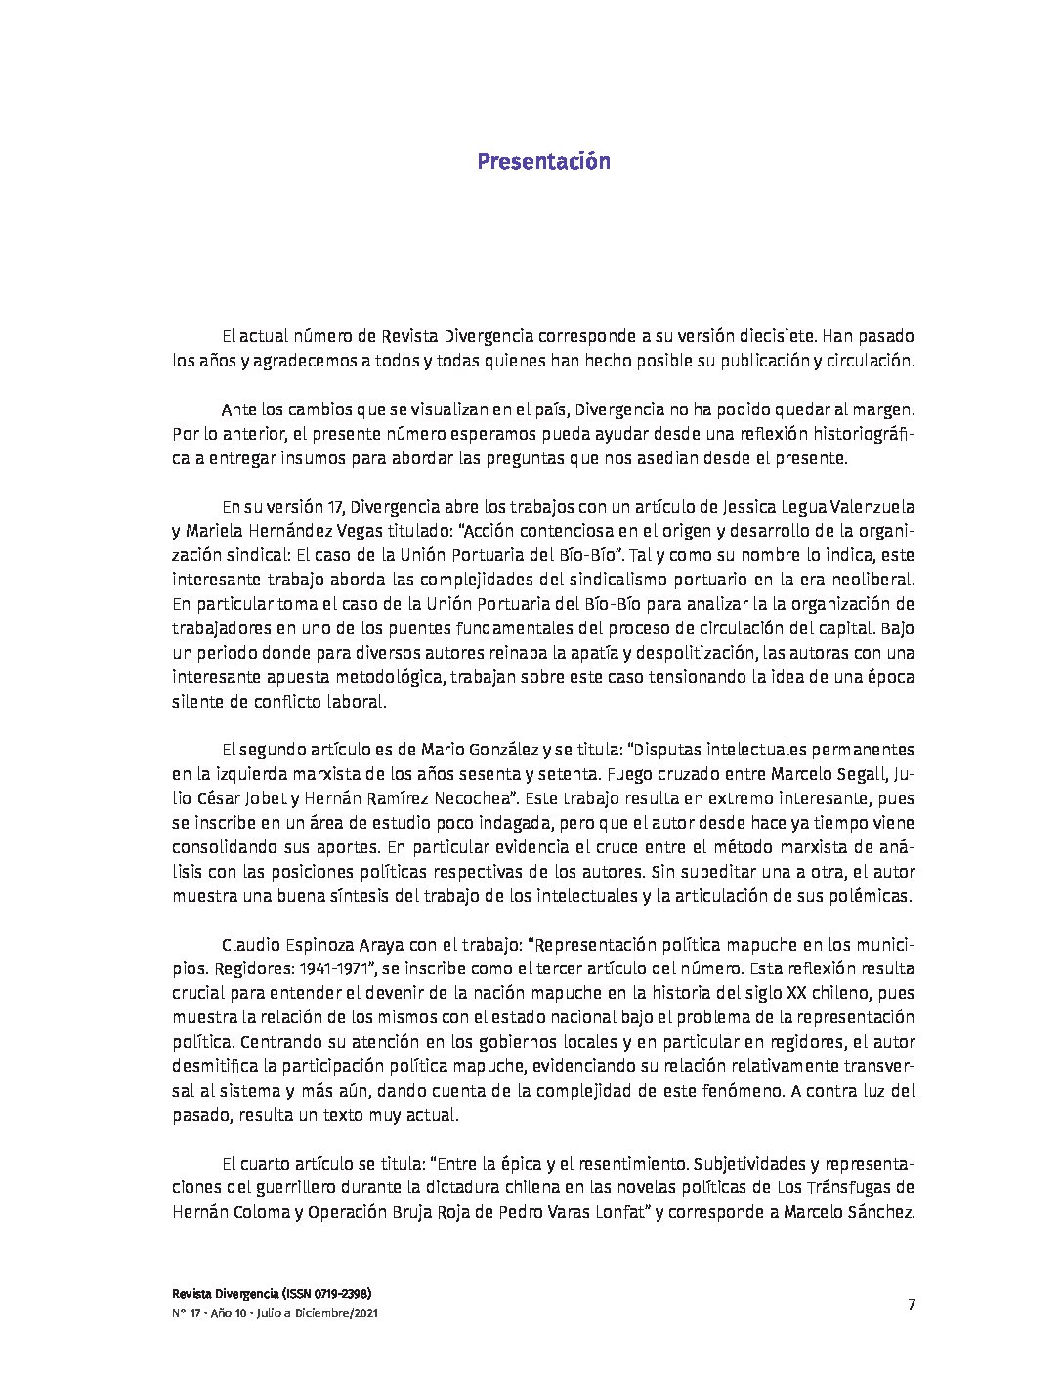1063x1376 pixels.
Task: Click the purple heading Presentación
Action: [543, 161]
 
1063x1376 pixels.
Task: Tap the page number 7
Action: [911, 1304]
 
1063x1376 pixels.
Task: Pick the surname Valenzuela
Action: [872, 508]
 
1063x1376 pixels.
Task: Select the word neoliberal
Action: [874, 580]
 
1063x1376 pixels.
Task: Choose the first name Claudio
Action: [252, 945]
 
